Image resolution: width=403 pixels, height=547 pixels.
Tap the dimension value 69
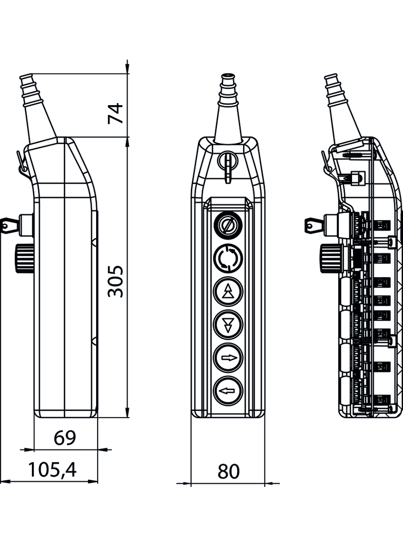click(65, 438)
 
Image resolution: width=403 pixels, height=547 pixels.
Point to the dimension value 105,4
click(52, 470)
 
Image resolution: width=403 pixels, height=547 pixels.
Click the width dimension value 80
click(228, 471)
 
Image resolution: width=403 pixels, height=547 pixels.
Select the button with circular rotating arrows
click(228, 258)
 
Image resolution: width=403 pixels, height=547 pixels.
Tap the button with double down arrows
click(228, 324)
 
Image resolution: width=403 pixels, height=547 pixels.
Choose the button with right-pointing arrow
click(228, 358)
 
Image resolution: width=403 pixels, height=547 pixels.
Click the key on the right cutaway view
click(315, 224)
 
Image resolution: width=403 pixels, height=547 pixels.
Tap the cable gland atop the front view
click(228, 108)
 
